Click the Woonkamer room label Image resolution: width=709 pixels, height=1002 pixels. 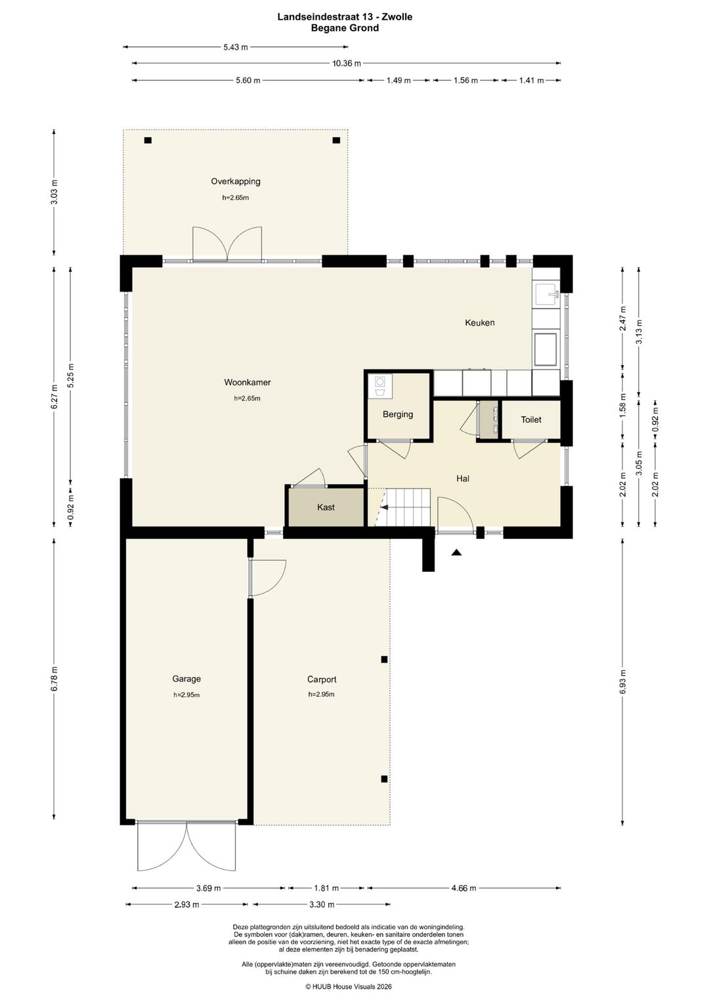tap(247, 382)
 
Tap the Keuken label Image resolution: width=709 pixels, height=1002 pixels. tap(479, 322)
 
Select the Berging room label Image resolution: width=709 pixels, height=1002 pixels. tap(398, 414)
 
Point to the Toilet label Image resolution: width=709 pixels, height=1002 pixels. tap(531, 420)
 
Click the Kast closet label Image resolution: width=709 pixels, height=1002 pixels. tap(326, 508)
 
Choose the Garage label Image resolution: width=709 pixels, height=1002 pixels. tap(186, 678)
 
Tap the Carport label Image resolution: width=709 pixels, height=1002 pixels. tap(322, 679)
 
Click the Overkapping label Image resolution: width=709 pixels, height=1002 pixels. tap(236, 181)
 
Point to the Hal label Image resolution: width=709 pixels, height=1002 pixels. tap(463, 479)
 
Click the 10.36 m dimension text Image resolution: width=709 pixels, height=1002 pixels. tap(346, 64)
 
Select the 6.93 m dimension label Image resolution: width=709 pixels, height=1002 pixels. tap(622, 682)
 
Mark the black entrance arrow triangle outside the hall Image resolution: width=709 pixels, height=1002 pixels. tap(456, 552)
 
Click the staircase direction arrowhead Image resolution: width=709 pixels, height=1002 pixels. tap(383, 508)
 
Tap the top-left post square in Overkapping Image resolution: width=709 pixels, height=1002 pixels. tap(148, 140)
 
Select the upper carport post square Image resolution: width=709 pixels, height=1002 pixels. tap(384, 659)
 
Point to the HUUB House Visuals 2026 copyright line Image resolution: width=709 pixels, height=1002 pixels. tap(349, 986)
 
